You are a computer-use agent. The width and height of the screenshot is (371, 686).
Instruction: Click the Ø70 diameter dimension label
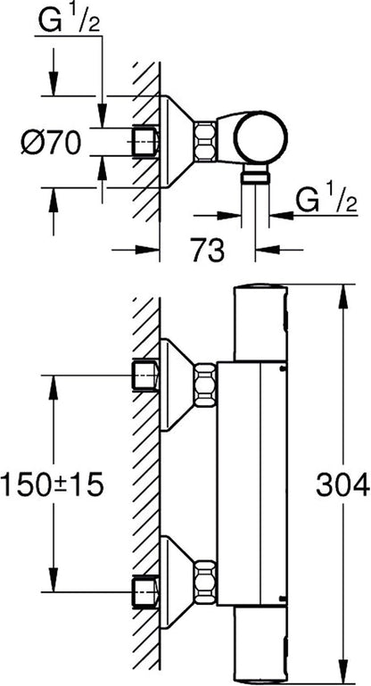(51, 143)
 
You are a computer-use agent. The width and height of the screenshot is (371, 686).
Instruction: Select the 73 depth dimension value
(209, 251)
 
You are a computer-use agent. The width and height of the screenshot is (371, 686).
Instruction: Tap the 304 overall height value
(343, 485)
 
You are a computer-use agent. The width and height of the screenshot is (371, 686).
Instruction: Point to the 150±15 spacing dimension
(52, 485)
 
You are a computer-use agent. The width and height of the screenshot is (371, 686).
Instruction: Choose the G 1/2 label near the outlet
(326, 201)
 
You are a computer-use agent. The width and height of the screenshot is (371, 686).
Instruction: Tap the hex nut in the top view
(205, 141)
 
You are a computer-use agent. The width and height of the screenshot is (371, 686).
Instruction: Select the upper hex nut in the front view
(205, 384)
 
